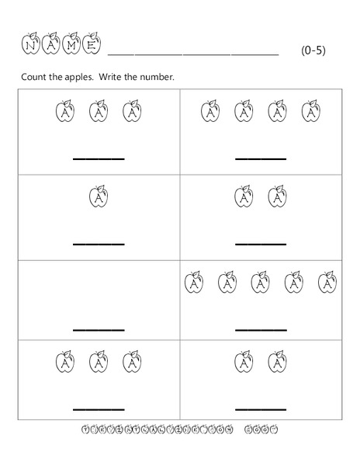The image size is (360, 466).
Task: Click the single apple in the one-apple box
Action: [x=99, y=196]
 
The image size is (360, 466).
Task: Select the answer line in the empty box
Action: [x=99, y=329]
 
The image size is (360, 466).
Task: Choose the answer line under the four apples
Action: [x=261, y=159]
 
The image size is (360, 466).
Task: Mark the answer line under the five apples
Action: [x=261, y=329]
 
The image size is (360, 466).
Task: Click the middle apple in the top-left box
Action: [x=99, y=112]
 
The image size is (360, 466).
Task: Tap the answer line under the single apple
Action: [x=99, y=244]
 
